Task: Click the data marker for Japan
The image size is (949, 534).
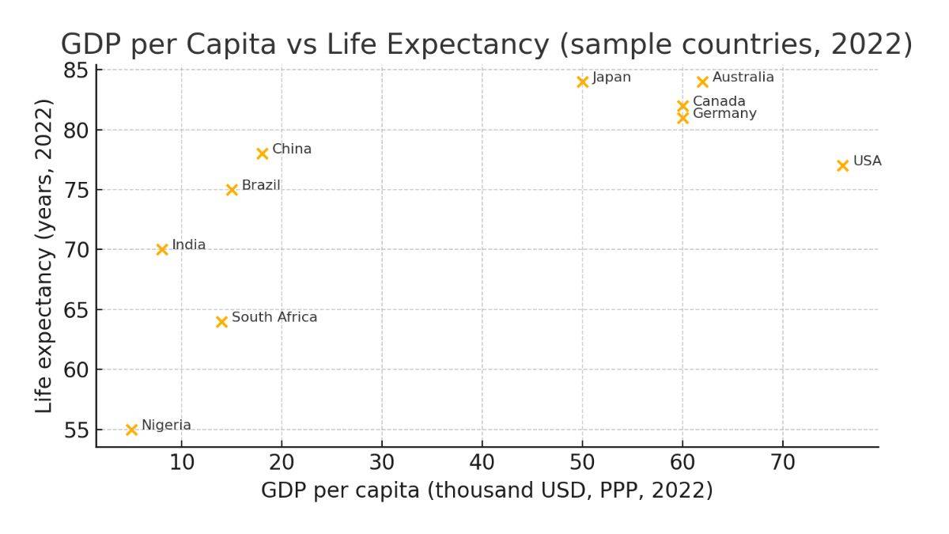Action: pyautogui.click(x=583, y=81)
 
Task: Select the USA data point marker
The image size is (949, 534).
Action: pyautogui.click(x=843, y=165)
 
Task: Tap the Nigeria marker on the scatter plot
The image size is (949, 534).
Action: pyautogui.click(x=132, y=430)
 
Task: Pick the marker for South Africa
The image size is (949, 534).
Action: pyautogui.click(x=222, y=321)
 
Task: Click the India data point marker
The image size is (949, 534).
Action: pyautogui.click(x=162, y=249)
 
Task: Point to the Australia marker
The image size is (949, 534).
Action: pyautogui.click(x=702, y=81)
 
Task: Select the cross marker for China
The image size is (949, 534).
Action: pyautogui.click(x=263, y=153)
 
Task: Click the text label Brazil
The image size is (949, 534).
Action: pyautogui.click(x=261, y=185)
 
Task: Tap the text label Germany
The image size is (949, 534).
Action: pyautogui.click(x=724, y=114)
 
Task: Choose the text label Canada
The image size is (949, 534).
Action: pyautogui.click(x=719, y=101)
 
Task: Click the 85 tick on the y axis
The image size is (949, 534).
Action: pyautogui.click(x=78, y=70)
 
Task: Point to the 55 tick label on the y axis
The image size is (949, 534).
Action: pyautogui.click(x=78, y=430)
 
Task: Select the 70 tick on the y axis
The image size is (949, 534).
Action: pyautogui.click(x=78, y=250)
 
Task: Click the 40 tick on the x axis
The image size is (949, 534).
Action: pyautogui.click(x=482, y=462)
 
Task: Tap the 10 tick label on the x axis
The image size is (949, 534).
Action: pyautogui.click(x=182, y=462)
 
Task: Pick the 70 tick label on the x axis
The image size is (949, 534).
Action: pyautogui.click(x=783, y=462)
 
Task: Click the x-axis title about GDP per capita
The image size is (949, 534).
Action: pyautogui.click(x=487, y=490)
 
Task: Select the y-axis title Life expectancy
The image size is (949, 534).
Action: pyautogui.click(x=45, y=256)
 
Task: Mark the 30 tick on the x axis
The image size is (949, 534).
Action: pyautogui.click(x=382, y=462)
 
